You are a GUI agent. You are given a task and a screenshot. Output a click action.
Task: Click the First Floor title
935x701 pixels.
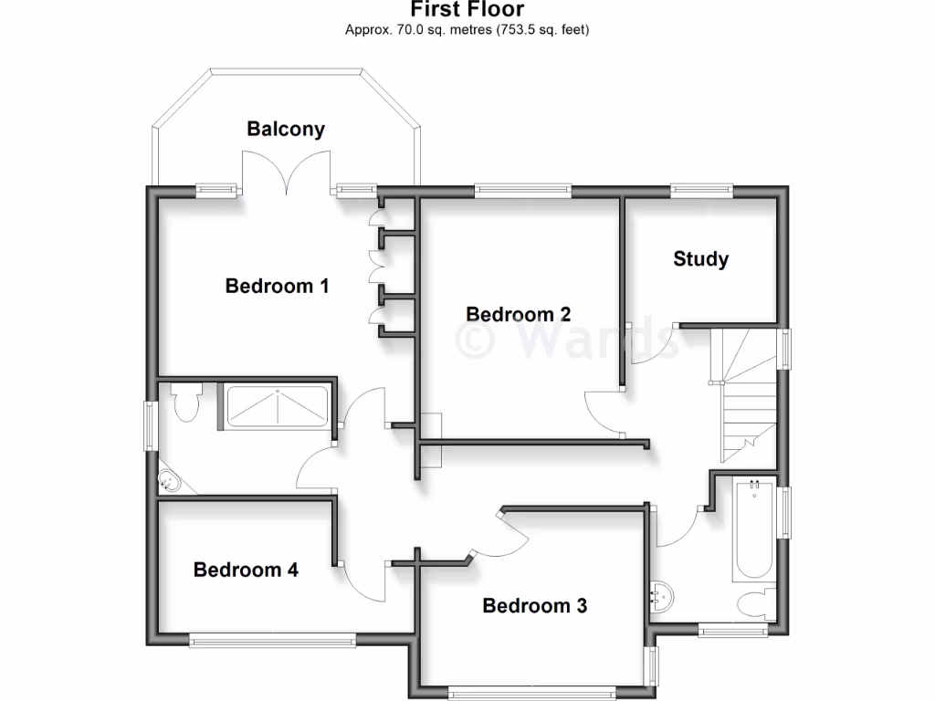pyautogui.click(x=467, y=10)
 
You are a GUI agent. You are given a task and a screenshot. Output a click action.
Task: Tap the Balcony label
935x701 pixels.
pyautogui.click(x=285, y=129)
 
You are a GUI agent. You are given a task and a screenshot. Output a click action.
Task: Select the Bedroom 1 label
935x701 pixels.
pyautogui.click(x=277, y=286)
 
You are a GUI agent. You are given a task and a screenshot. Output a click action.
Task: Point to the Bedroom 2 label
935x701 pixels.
pyautogui.click(x=518, y=314)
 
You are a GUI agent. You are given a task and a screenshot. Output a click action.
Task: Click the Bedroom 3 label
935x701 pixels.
pyautogui.click(x=534, y=605)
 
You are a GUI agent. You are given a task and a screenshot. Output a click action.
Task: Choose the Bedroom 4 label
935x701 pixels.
pyautogui.click(x=246, y=570)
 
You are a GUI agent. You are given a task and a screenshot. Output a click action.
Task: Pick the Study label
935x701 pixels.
pyautogui.click(x=700, y=258)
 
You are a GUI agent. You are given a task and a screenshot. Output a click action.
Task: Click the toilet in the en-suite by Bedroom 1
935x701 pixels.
pyautogui.click(x=188, y=403)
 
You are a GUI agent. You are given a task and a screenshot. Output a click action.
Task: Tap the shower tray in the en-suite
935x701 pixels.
pyautogui.click(x=277, y=406)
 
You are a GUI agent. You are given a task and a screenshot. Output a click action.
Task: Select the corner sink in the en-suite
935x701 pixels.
pyautogui.click(x=168, y=481)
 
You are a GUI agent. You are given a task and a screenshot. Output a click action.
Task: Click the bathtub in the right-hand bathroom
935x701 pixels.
pyautogui.click(x=753, y=529)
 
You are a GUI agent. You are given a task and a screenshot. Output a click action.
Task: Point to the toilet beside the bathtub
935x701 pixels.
pyautogui.click(x=755, y=604)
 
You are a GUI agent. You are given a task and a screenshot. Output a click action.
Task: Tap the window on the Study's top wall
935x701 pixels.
pyautogui.click(x=701, y=190)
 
